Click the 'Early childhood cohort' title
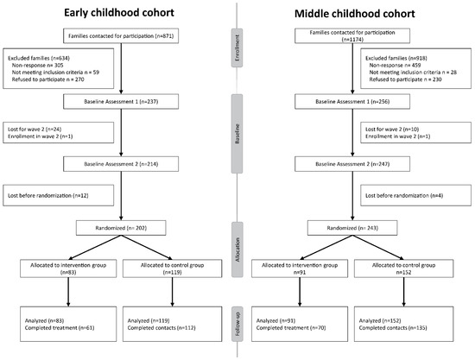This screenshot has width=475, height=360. [x=119, y=13]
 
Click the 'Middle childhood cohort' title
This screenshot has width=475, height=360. [x=355, y=14]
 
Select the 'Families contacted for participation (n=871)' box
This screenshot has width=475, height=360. [x=121, y=36]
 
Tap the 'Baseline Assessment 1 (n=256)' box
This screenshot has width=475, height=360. [x=352, y=102]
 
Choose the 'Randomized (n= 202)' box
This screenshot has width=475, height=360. [x=121, y=228]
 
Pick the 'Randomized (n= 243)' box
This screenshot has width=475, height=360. [x=352, y=228]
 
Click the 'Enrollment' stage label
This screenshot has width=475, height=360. [x=237, y=47]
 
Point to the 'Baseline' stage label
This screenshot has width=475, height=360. [x=237, y=134]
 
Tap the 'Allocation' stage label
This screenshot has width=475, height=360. [x=237, y=249]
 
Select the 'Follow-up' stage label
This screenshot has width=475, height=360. [x=237, y=324]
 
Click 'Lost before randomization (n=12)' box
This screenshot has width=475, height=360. [x=59, y=196]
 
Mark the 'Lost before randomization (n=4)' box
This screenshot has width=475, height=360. [x=416, y=196]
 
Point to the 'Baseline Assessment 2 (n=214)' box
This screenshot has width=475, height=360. [x=121, y=164]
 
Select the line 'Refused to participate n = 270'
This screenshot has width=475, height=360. [x=47, y=79]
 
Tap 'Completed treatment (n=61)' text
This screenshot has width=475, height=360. [x=60, y=328]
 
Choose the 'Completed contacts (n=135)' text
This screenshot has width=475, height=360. [x=393, y=328]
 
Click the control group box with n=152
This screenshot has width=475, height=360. [x=404, y=268]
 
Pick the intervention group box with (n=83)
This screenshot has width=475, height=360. [x=68, y=268]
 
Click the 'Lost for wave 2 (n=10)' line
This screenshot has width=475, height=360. [x=392, y=129]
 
